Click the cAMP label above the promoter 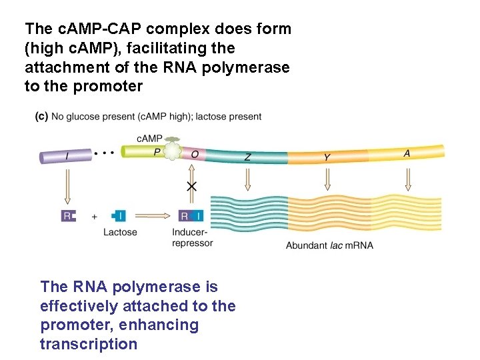tap(149, 138)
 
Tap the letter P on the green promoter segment tap(157, 153)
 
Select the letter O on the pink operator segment tap(195, 154)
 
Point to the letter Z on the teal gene tap(247, 157)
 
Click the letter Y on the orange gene tap(327, 157)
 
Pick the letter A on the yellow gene tap(407, 153)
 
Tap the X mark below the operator tap(191, 187)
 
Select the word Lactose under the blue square tap(120, 232)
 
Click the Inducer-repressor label tap(192, 237)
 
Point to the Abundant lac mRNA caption tap(329, 245)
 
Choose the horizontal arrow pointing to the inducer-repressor tap(153, 215)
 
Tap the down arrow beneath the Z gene tap(247, 180)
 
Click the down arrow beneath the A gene tap(407, 179)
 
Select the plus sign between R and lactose tap(94, 216)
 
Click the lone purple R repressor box tap(68, 215)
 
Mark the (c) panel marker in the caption tap(41, 117)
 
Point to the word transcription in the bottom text tap(88, 344)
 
